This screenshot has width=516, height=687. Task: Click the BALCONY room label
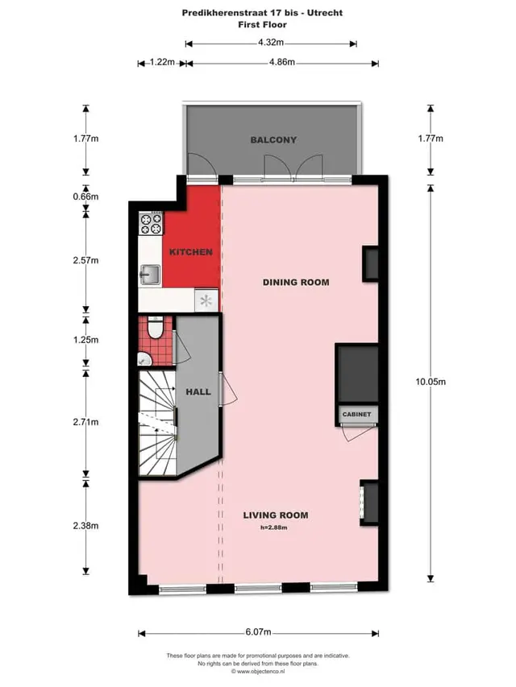(273, 140)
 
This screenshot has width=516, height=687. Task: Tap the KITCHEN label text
(191, 252)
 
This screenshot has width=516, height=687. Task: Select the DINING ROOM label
(296, 282)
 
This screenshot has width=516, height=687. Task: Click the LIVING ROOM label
(276, 515)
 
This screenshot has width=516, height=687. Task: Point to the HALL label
(198, 391)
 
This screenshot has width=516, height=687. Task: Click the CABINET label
(356, 414)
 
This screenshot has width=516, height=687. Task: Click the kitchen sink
(150, 275)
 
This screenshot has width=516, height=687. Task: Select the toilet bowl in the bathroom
(155, 328)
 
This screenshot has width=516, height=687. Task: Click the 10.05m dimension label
(431, 382)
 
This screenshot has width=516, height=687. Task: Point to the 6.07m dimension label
(258, 632)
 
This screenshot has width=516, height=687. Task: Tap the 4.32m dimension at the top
(271, 43)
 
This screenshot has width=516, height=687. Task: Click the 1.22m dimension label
(162, 62)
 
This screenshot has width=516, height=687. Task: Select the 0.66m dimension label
(85, 197)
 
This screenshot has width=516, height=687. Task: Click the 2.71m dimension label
(85, 422)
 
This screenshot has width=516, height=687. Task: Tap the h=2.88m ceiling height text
(274, 528)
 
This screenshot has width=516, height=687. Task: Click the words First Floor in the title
(262, 24)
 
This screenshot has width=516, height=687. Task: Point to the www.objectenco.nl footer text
(261, 671)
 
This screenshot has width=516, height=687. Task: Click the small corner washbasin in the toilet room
(144, 359)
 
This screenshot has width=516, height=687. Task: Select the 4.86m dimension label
(281, 62)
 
